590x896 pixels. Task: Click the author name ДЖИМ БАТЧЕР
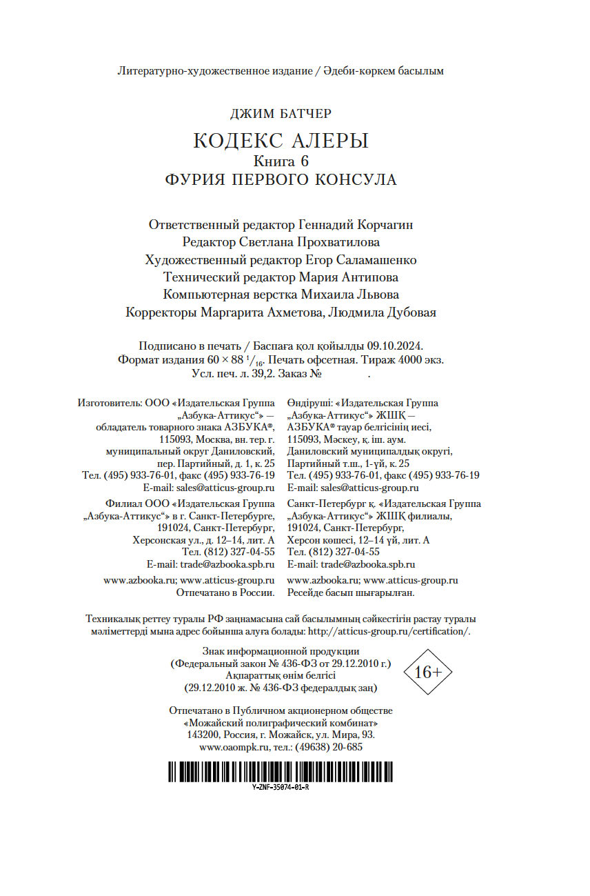281,113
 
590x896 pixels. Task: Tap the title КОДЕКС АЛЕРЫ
281,141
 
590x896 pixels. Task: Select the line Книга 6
281,162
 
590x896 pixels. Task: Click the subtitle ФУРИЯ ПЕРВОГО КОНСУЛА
281,180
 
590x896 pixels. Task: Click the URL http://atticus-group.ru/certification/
389,631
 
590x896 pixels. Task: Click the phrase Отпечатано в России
226,593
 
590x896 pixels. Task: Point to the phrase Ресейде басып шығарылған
350,593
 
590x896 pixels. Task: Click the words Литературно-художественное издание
214,71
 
